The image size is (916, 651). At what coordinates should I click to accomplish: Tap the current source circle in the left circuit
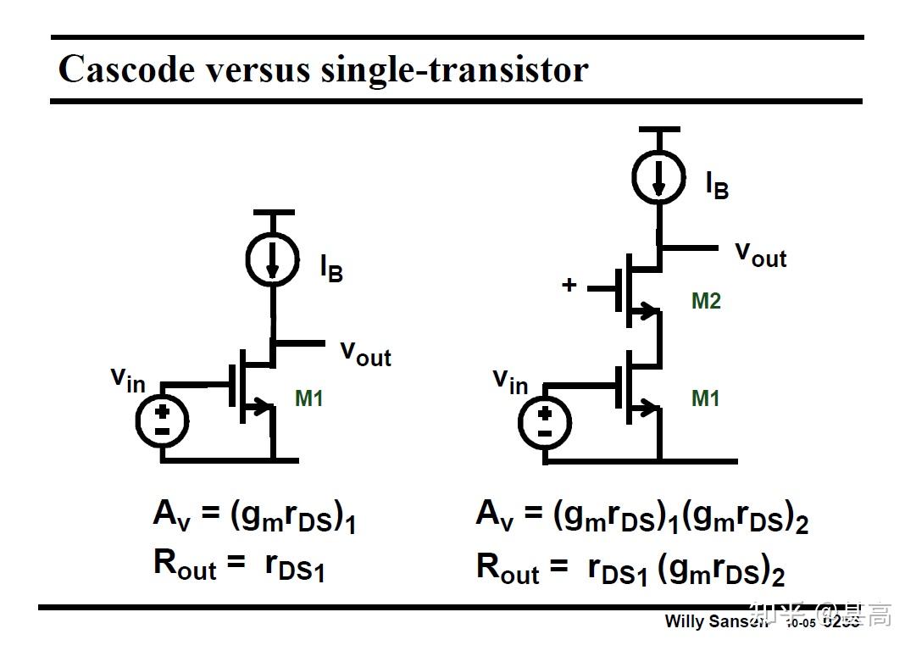pos(272,259)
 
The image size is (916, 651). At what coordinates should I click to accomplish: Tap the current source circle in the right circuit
pos(658,175)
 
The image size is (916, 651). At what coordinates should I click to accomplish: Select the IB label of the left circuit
pos(331,268)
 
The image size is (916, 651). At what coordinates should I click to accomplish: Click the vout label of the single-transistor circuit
pos(365,352)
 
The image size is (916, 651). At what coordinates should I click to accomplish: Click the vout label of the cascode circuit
pos(760,253)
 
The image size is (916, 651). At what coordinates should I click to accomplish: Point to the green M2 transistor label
pos(706,301)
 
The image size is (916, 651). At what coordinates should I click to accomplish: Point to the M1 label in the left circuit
pos(309,398)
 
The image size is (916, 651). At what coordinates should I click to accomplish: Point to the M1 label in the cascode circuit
pos(706,398)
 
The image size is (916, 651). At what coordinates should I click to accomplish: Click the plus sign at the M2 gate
pos(569,285)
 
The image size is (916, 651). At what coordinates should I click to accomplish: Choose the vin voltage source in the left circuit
pos(162,420)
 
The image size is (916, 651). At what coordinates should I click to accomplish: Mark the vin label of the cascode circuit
pos(510,381)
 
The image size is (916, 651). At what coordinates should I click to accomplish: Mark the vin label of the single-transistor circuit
pos(128,379)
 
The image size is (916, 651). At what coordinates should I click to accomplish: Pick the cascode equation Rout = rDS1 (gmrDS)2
pos(630,569)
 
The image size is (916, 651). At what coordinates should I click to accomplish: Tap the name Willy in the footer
pos(684,621)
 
